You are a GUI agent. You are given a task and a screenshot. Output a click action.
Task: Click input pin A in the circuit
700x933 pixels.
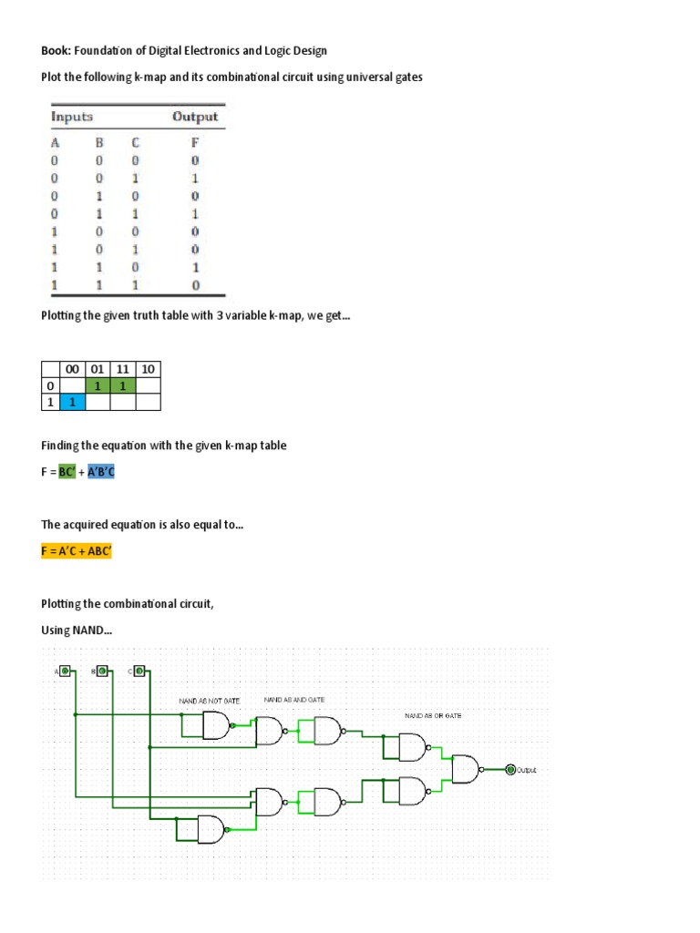65,672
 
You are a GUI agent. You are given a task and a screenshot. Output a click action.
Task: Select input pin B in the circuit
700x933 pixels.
102,672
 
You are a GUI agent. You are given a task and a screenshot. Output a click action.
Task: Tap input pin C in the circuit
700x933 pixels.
139,672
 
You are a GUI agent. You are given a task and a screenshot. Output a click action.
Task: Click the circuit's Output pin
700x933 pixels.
511,770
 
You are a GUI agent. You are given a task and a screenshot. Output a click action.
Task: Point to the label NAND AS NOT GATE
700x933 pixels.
209,701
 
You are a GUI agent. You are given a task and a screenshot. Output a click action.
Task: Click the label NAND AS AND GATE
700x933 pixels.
294,699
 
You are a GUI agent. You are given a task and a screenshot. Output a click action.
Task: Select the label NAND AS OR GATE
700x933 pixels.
433,716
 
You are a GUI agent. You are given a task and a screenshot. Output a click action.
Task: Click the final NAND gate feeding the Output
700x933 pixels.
467,770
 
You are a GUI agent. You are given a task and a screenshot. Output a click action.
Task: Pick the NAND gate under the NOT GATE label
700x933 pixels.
217,725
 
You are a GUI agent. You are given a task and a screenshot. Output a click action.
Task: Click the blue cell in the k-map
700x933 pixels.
72,402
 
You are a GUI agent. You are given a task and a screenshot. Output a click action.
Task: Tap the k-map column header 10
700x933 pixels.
149,369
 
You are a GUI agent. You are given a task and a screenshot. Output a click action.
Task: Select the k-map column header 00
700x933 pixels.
72,369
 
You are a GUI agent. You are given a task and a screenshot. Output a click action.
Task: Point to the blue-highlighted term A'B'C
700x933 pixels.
101,471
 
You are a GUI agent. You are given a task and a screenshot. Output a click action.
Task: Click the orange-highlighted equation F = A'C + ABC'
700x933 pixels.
77,551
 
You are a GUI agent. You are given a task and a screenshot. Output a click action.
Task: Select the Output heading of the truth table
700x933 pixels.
195,117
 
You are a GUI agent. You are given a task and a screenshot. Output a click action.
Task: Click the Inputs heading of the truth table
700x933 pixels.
71,117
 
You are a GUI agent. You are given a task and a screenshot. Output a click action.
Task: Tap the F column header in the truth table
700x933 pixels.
195,142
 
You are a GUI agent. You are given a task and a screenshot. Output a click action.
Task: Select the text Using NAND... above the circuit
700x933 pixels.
77,630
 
